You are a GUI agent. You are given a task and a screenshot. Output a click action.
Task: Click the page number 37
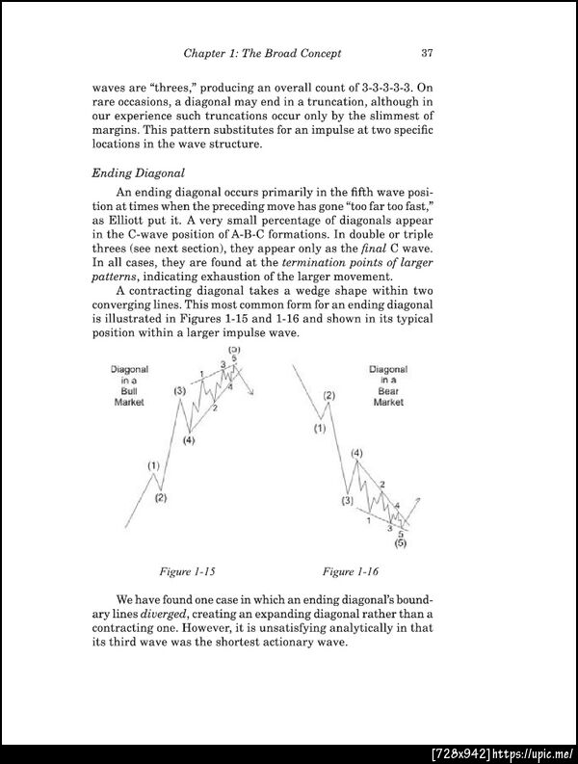click(x=427, y=52)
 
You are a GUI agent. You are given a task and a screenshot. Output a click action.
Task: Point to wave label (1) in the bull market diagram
click(x=153, y=466)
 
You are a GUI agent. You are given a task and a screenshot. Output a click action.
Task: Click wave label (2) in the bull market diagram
click(x=161, y=498)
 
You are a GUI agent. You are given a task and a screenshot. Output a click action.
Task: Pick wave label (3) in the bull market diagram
click(x=180, y=390)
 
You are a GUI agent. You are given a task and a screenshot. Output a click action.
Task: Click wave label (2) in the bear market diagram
click(x=329, y=396)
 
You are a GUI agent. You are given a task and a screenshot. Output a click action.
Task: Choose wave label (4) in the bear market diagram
click(x=357, y=452)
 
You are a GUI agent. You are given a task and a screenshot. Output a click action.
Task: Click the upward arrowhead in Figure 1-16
click(x=419, y=500)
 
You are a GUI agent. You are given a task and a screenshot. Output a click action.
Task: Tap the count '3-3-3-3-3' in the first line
click(x=381, y=86)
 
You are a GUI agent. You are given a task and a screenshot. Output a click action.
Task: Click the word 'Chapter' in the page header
click(x=209, y=52)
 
